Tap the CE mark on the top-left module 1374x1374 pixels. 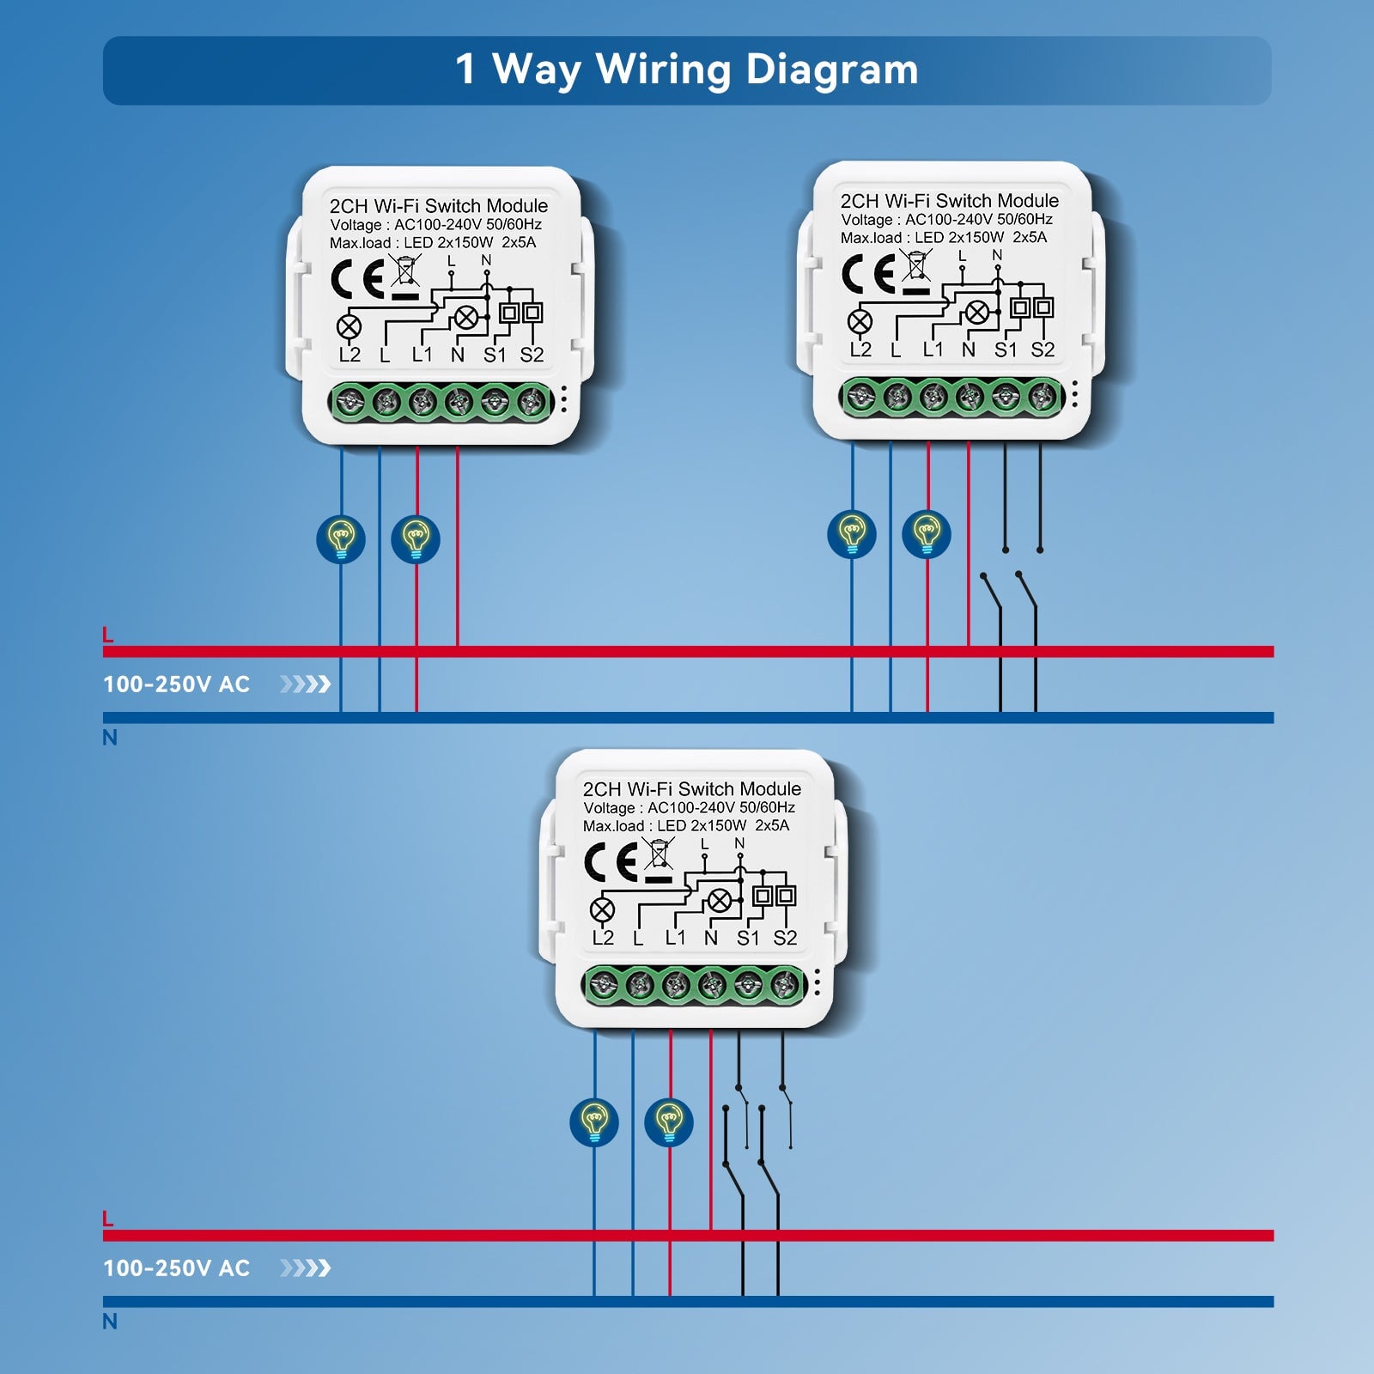click(356, 280)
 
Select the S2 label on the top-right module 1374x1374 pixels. click(1043, 350)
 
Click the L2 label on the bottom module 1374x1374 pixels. click(603, 938)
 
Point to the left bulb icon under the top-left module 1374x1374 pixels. click(341, 539)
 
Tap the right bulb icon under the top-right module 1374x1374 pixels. click(927, 534)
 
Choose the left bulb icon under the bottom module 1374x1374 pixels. click(594, 1122)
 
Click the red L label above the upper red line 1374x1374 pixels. click(107, 635)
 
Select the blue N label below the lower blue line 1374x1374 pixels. click(110, 1321)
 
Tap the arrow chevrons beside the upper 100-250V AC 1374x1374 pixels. click(305, 684)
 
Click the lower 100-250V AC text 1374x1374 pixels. click(176, 1268)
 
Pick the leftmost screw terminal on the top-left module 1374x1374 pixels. click(350, 401)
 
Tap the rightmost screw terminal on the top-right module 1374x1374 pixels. click(1043, 396)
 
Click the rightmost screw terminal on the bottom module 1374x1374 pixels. click(785, 984)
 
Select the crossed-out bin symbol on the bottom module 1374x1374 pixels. click(659, 854)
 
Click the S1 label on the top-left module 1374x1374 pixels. click(495, 355)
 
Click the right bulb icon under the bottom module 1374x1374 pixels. click(669, 1122)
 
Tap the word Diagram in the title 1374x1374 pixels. click(832, 70)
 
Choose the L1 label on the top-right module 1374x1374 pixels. click(933, 350)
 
